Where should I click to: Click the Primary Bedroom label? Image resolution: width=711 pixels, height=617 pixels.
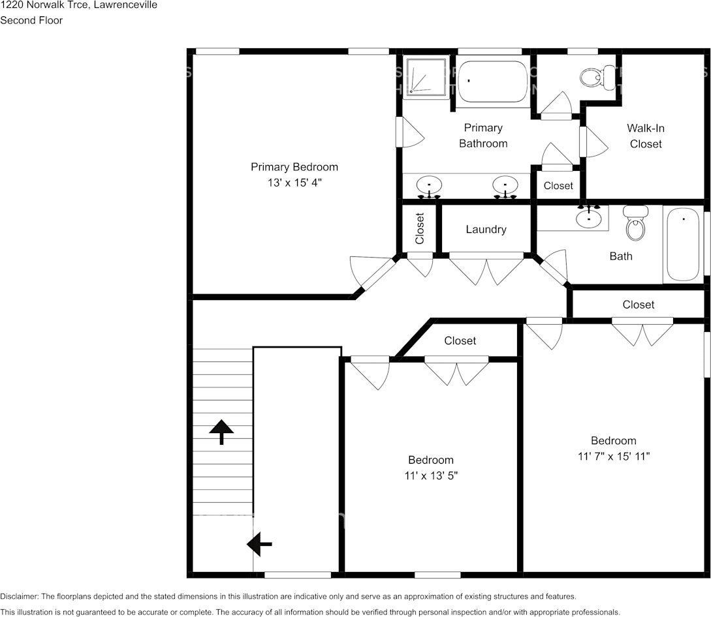pyautogui.click(x=294, y=167)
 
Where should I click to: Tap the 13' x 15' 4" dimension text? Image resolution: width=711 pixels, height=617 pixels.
pyautogui.click(x=294, y=183)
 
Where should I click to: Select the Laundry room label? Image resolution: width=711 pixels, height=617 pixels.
pyautogui.click(x=486, y=229)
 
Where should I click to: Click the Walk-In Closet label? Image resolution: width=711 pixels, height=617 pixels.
pyautogui.click(x=646, y=136)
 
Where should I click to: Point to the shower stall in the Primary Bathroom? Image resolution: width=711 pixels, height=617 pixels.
pyautogui.click(x=425, y=76)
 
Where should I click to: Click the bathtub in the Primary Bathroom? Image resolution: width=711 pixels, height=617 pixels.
pyautogui.click(x=492, y=82)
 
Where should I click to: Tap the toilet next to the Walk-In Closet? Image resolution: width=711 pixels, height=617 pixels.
pyautogui.click(x=597, y=77)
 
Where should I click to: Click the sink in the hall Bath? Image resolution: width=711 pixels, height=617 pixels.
pyautogui.click(x=589, y=217)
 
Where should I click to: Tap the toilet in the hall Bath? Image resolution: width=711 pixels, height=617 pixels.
pyautogui.click(x=635, y=223)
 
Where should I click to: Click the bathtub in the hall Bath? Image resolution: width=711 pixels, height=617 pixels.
pyautogui.click(x=684, y=244)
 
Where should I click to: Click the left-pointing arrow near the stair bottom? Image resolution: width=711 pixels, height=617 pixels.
pyautogui.click(x=259, y=543)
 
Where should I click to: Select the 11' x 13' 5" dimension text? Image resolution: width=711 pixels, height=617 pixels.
pyautogui.click(x=431, y=475)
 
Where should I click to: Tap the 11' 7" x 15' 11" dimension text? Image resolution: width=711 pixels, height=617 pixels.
pyautogui.click(x=614, y=456)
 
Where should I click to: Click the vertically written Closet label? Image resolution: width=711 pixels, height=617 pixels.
pyautogui.click(x=419, y=228)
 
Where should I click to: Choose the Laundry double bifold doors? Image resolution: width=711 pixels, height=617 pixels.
pyautogui.click(x=486, y=270)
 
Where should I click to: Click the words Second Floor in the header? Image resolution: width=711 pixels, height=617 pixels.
pyautogui.click(x=31, y=20)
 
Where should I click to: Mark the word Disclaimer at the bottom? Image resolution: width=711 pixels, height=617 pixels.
pyautogui.click(x=19, y=597)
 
